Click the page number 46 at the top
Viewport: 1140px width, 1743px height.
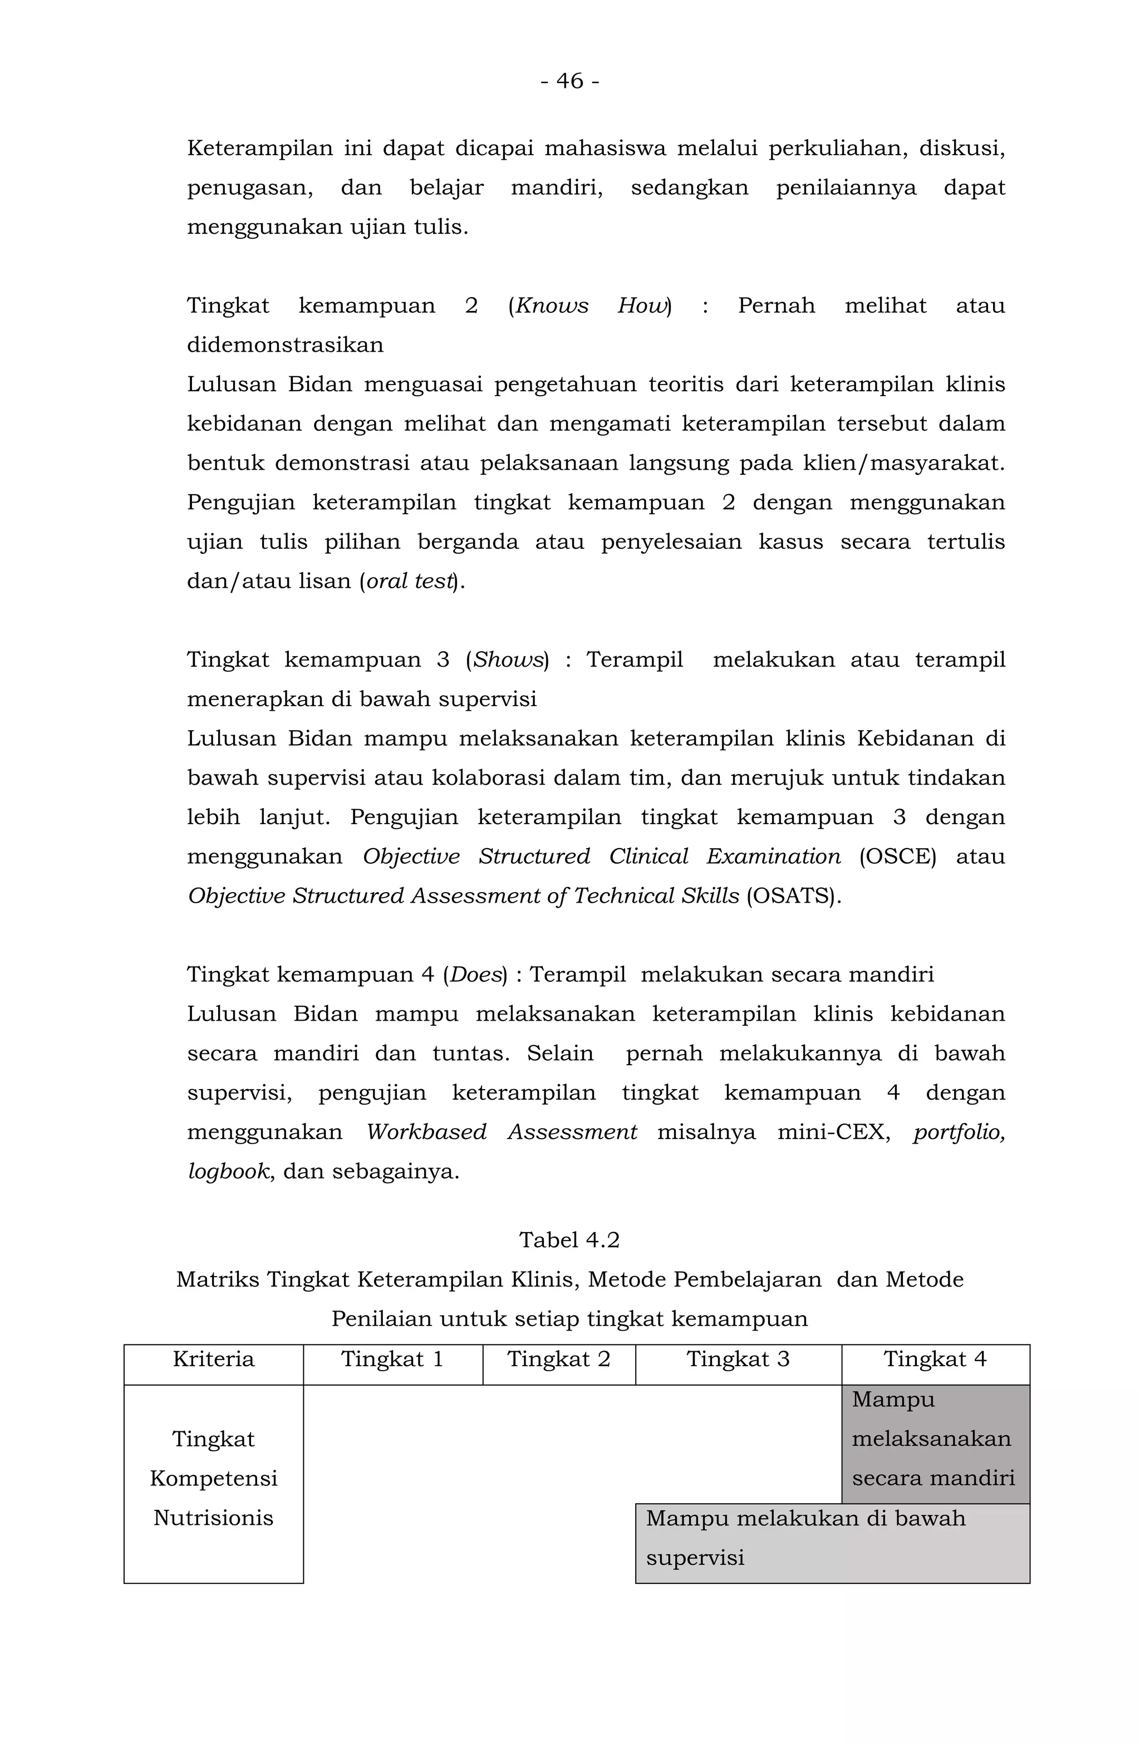click(569, 81)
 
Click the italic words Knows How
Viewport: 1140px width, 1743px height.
click(591, 306)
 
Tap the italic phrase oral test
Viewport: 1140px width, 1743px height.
click(410, 581)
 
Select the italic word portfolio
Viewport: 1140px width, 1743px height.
click(959, 1132)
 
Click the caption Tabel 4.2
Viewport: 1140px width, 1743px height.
click(569, 1240)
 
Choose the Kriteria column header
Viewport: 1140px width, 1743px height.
click(213, 1359)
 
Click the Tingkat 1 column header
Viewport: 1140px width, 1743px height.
click(392, 1359)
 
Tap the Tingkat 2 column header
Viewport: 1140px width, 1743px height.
click(558, 1359)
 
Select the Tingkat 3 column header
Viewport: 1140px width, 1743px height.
click(738, 1359)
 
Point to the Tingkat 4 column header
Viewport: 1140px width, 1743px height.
click(935, 1359)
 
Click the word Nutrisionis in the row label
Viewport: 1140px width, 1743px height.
click(213, 1518)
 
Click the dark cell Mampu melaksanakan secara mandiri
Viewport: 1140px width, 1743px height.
click(935, 1439)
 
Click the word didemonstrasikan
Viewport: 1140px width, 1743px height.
click(285, 345)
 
